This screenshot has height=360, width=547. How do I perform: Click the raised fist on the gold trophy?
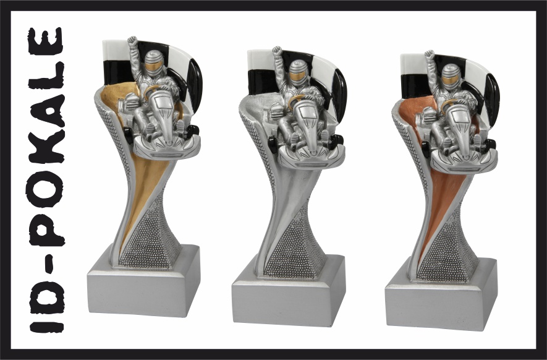point(132,42)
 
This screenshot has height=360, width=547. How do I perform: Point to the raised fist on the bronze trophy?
point(430,56)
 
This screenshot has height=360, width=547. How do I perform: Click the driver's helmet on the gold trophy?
point(153,63)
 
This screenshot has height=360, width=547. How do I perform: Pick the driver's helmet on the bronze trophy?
point(451,77)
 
